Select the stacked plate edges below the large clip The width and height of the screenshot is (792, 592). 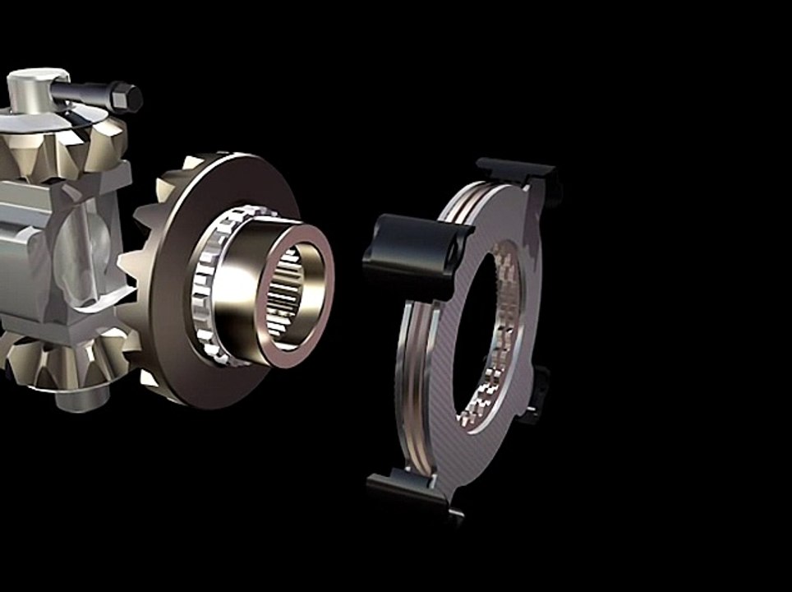coord(411,345)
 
